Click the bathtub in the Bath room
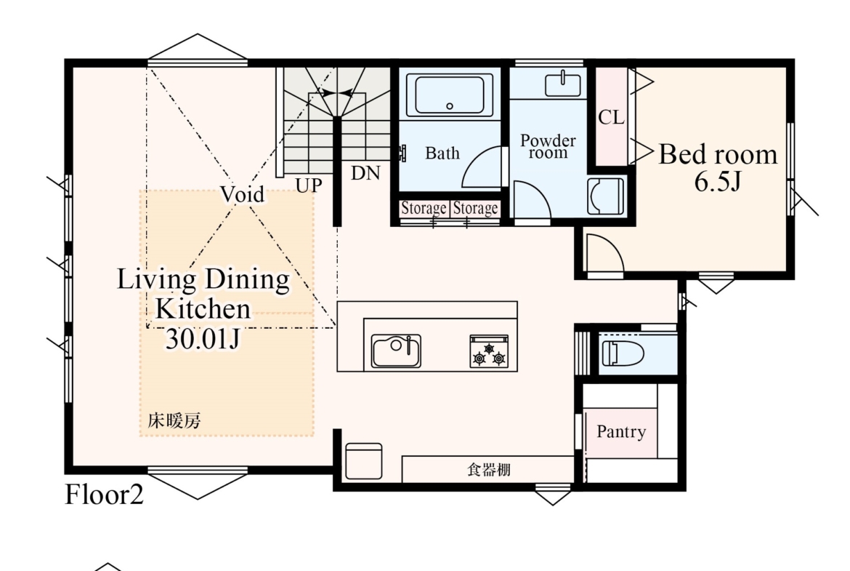coord(450,95)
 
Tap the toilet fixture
coord(623,354)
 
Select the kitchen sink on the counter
coord(396,351)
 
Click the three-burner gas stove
coord(489,351)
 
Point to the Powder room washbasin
coord(563,84)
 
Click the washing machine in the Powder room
coord(605,196)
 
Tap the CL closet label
coord(612,116)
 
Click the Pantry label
coord(621,431)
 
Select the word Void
coord(243,193)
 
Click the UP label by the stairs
coord(309,185)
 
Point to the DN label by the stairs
coord(365,173)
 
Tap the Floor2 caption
coord(104,495)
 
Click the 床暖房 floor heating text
coord(174,420)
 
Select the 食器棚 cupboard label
coord(489,469)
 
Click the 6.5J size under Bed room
coord(717,181)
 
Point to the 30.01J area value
coord(202,339)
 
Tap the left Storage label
coord(424,209)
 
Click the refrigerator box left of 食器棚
coord(364,461)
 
